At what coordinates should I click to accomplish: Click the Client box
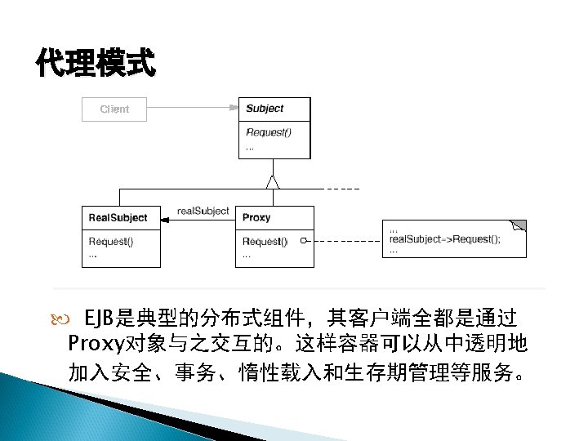click(114, 109)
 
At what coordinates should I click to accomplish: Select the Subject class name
click(265, 109)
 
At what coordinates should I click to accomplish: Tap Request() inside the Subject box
click(269, 132)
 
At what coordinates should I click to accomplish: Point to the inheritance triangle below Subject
click(275, 182)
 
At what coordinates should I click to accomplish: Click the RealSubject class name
click(118, 218)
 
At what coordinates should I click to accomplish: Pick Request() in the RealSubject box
click(111, 242)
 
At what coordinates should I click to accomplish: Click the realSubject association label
click(203, 211)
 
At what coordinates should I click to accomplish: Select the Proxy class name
click(256, 218)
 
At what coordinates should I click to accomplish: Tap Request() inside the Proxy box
click(265, 242)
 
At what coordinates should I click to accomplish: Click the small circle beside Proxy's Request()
click(302, 242)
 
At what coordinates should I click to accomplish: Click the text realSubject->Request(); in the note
click(445, 239)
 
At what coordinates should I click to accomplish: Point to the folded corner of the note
click(518, 225)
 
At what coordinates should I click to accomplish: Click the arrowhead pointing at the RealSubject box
click(166, 218)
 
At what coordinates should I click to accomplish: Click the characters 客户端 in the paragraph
click(381, 317)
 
